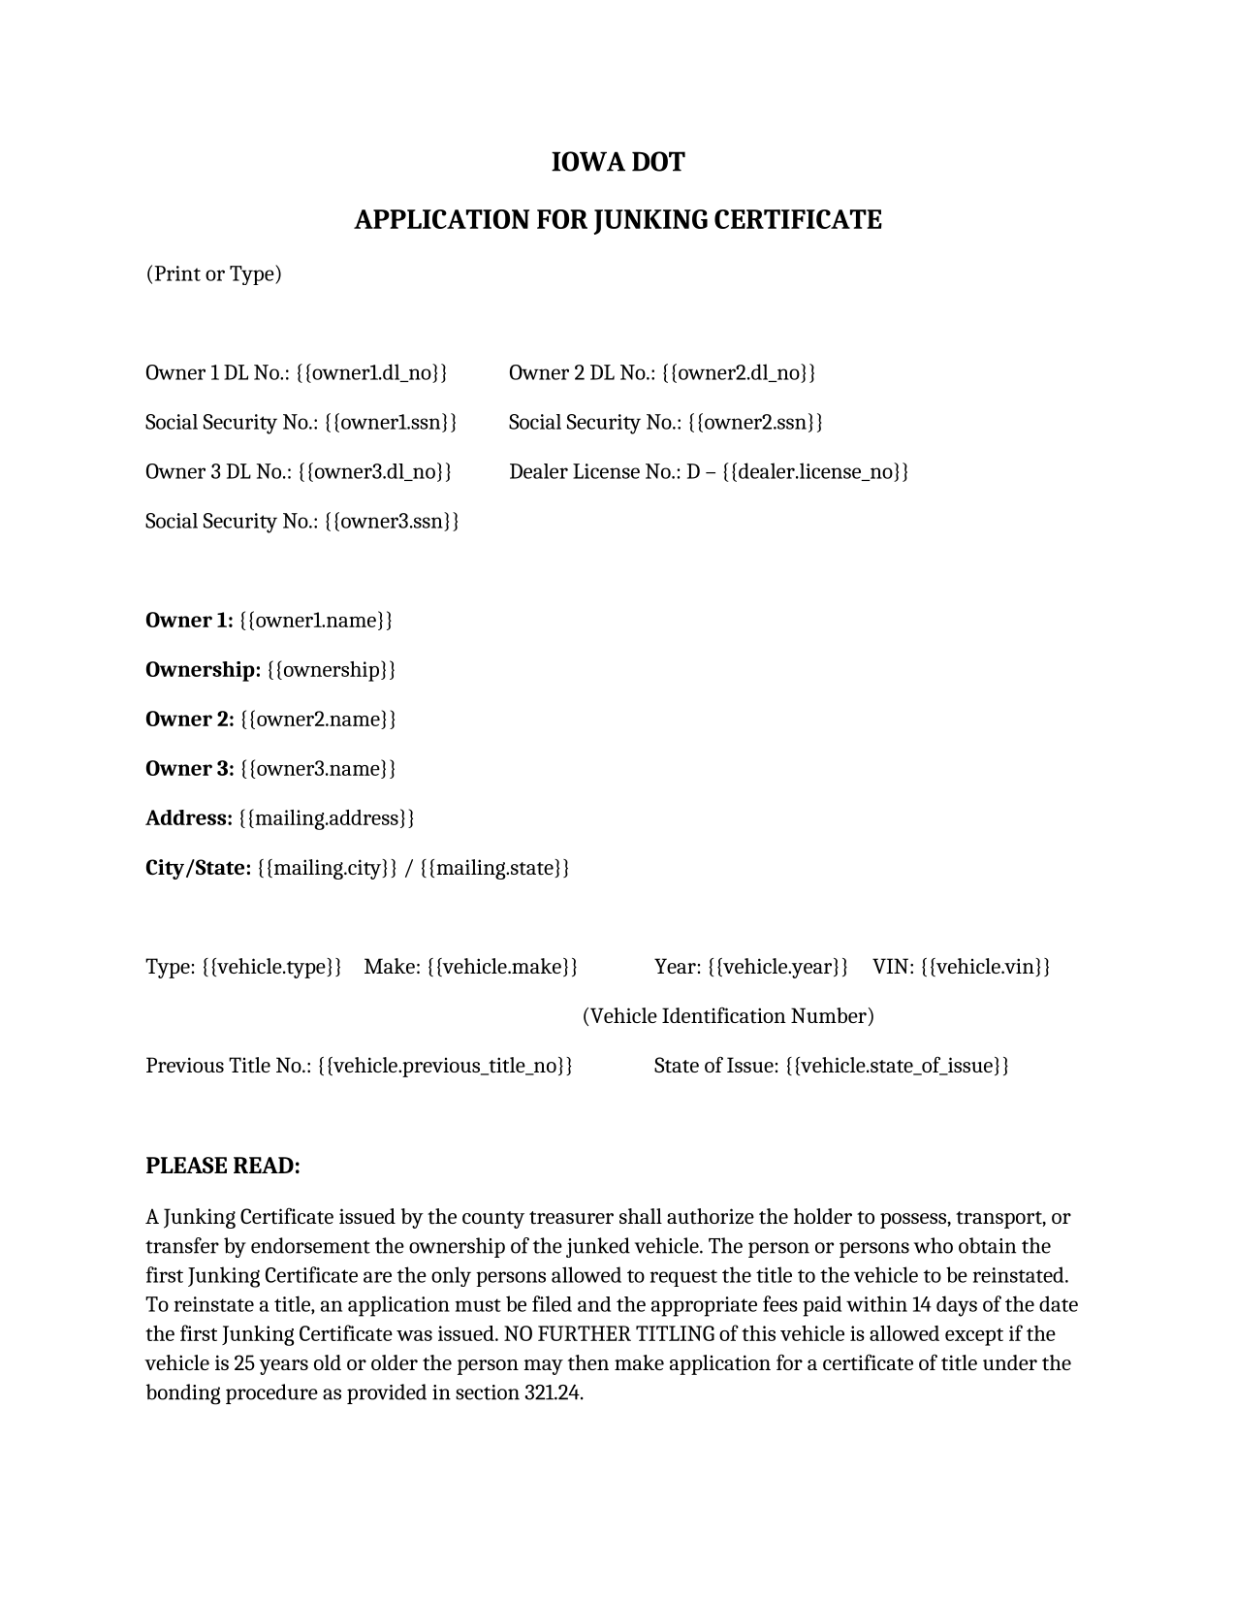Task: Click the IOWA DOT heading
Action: (618, 162)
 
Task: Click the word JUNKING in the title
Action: (650, 220)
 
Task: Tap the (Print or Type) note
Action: (213, 273)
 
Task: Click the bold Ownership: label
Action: (203, 670)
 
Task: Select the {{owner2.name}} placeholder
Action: (318, 720)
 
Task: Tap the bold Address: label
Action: (189, 818)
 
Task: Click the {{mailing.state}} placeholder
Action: (494, 868)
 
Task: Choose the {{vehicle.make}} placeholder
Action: (502, 967)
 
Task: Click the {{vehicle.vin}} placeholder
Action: (985, 967)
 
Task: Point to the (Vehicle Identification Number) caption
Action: (728, 1016)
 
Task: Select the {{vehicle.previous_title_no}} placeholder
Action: (445, 1066)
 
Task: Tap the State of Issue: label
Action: (715, 1066)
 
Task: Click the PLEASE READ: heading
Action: (223, 1166)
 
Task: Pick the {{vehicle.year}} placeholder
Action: (777, 967)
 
